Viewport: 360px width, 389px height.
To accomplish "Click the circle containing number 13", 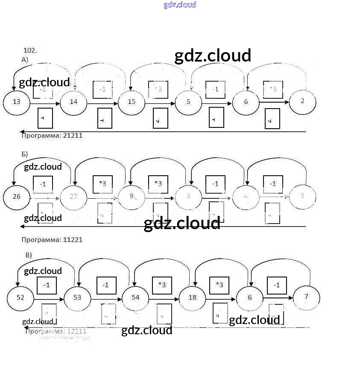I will pyautogui.click(x=17, y=102).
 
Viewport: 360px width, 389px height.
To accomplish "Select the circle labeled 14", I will pyautogui.click(x=73, y=102).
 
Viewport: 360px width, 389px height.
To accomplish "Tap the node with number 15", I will pyautogui.click(x=132, y=102).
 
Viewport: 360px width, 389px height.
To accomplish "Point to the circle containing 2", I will pyautogui.click(x=302, y=101).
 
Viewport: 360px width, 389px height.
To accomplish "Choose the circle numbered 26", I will pyautogui.click(x=17, y=197).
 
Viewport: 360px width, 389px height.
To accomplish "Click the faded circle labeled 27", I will pyautogui.click(x=73, y=197).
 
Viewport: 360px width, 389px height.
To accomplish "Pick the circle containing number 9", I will pyautogui.click(x=132, y=197).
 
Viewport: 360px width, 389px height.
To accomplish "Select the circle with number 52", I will pyautogui.click(x=20, y=297).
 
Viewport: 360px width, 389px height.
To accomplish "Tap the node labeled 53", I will pyautogui.click(x=77, y=297).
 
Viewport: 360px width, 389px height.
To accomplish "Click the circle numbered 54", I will pyautogui.click(x=135, y=297).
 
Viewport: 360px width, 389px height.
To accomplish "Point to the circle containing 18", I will pyautogui.click(x=192, y=297).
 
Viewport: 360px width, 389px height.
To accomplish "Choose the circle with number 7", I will pyautogui.click(x=306, y=297).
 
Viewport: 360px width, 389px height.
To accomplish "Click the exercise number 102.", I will pyautogui.click(x=30, y=50).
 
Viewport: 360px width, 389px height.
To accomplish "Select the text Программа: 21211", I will pyautogui.click(x=52, y=136).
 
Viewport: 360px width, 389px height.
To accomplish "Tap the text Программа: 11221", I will pyautogui.click(x=52, y=240).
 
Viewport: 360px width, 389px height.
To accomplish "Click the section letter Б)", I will pyautogui.click(x=25, y=154).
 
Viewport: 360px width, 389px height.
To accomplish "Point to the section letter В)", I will pyautogui.click(x=29, y=255).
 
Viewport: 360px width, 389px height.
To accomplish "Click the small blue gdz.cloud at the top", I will pyautogui.click(x=180, y=5).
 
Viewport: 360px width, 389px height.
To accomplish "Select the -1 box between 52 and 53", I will pyautogui.click(x=47, y=285).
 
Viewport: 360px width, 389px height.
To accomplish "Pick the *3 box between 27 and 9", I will pyautogui.click(x=102, y=184).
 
